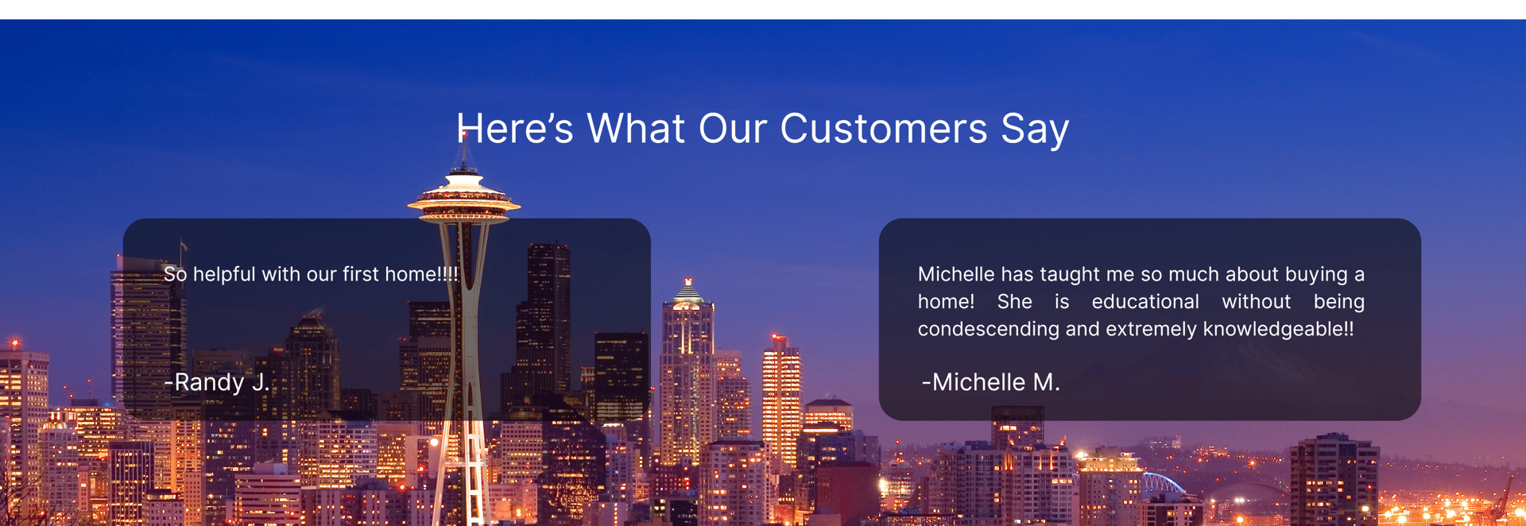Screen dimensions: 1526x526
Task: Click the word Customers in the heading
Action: [x=883, y=128]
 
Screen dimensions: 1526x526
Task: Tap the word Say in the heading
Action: [x=1035, y=130]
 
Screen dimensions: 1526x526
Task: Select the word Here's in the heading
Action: [x=515, y=128]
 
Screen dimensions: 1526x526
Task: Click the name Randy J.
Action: [x=217, y=382]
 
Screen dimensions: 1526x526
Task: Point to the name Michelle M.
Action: [x=991, y=382]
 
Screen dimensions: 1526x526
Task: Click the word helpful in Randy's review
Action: [x=225, y=274]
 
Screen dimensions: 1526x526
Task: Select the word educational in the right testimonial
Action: [x=1145, y=302]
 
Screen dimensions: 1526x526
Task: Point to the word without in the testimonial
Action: [x=1257, y=302]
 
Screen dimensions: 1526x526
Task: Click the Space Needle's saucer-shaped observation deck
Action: [x=464, y=199]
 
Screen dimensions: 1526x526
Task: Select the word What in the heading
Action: [x=636, y=128]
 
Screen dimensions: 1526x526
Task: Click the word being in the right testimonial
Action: [x=1339, y=303]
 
